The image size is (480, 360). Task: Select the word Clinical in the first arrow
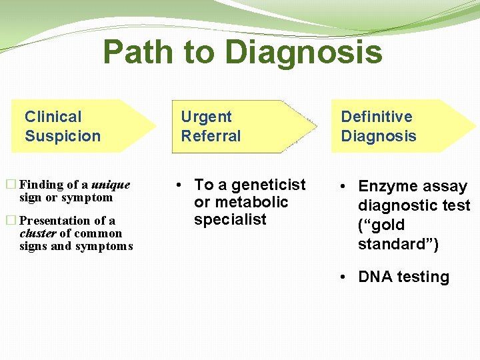(x=53, y=117)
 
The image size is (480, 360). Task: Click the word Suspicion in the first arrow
(x=63, y=136)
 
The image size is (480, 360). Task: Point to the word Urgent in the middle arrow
(x=207, y=117)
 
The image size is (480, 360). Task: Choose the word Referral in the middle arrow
(x=211, y=136)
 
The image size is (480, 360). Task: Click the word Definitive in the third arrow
(x=377, y=117)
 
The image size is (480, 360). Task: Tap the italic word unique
(x=111, y=185)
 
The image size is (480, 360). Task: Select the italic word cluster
(x=38, y=233)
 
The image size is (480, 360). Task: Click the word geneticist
(x=269, y=185)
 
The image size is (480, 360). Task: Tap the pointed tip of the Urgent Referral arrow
(x=315, y=126)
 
